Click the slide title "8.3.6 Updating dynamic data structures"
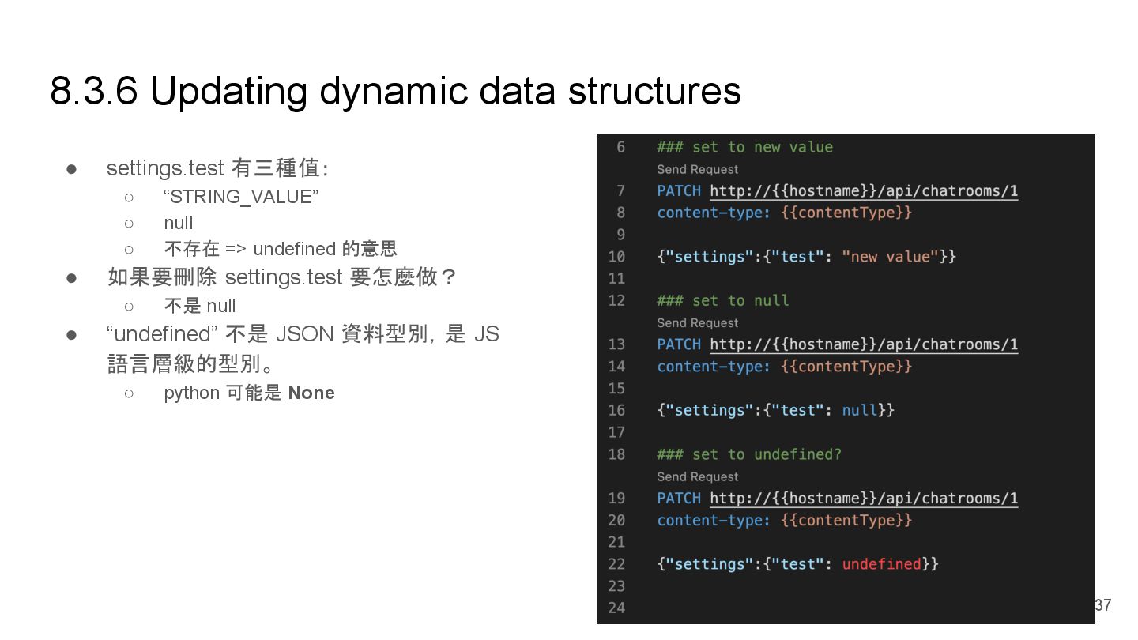click(395, 91)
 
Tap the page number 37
click(1102, 605)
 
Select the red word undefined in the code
click(881, 564)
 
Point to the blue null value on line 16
click(859, 410)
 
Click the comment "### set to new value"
click(744, 148)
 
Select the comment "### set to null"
click(722, 301)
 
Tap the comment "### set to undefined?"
click(748, 454)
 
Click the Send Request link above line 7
click(697, 169)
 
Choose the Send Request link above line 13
click(697, 322)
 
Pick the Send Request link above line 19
click(697, 476)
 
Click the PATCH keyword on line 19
click(678, 499)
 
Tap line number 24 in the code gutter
click(616, 608)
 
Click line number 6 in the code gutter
click(620, 148)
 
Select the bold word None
click(311, 393)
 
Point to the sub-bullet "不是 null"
click(200, 306)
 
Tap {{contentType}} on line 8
click(846, 213)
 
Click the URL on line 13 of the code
click(863, 344)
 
